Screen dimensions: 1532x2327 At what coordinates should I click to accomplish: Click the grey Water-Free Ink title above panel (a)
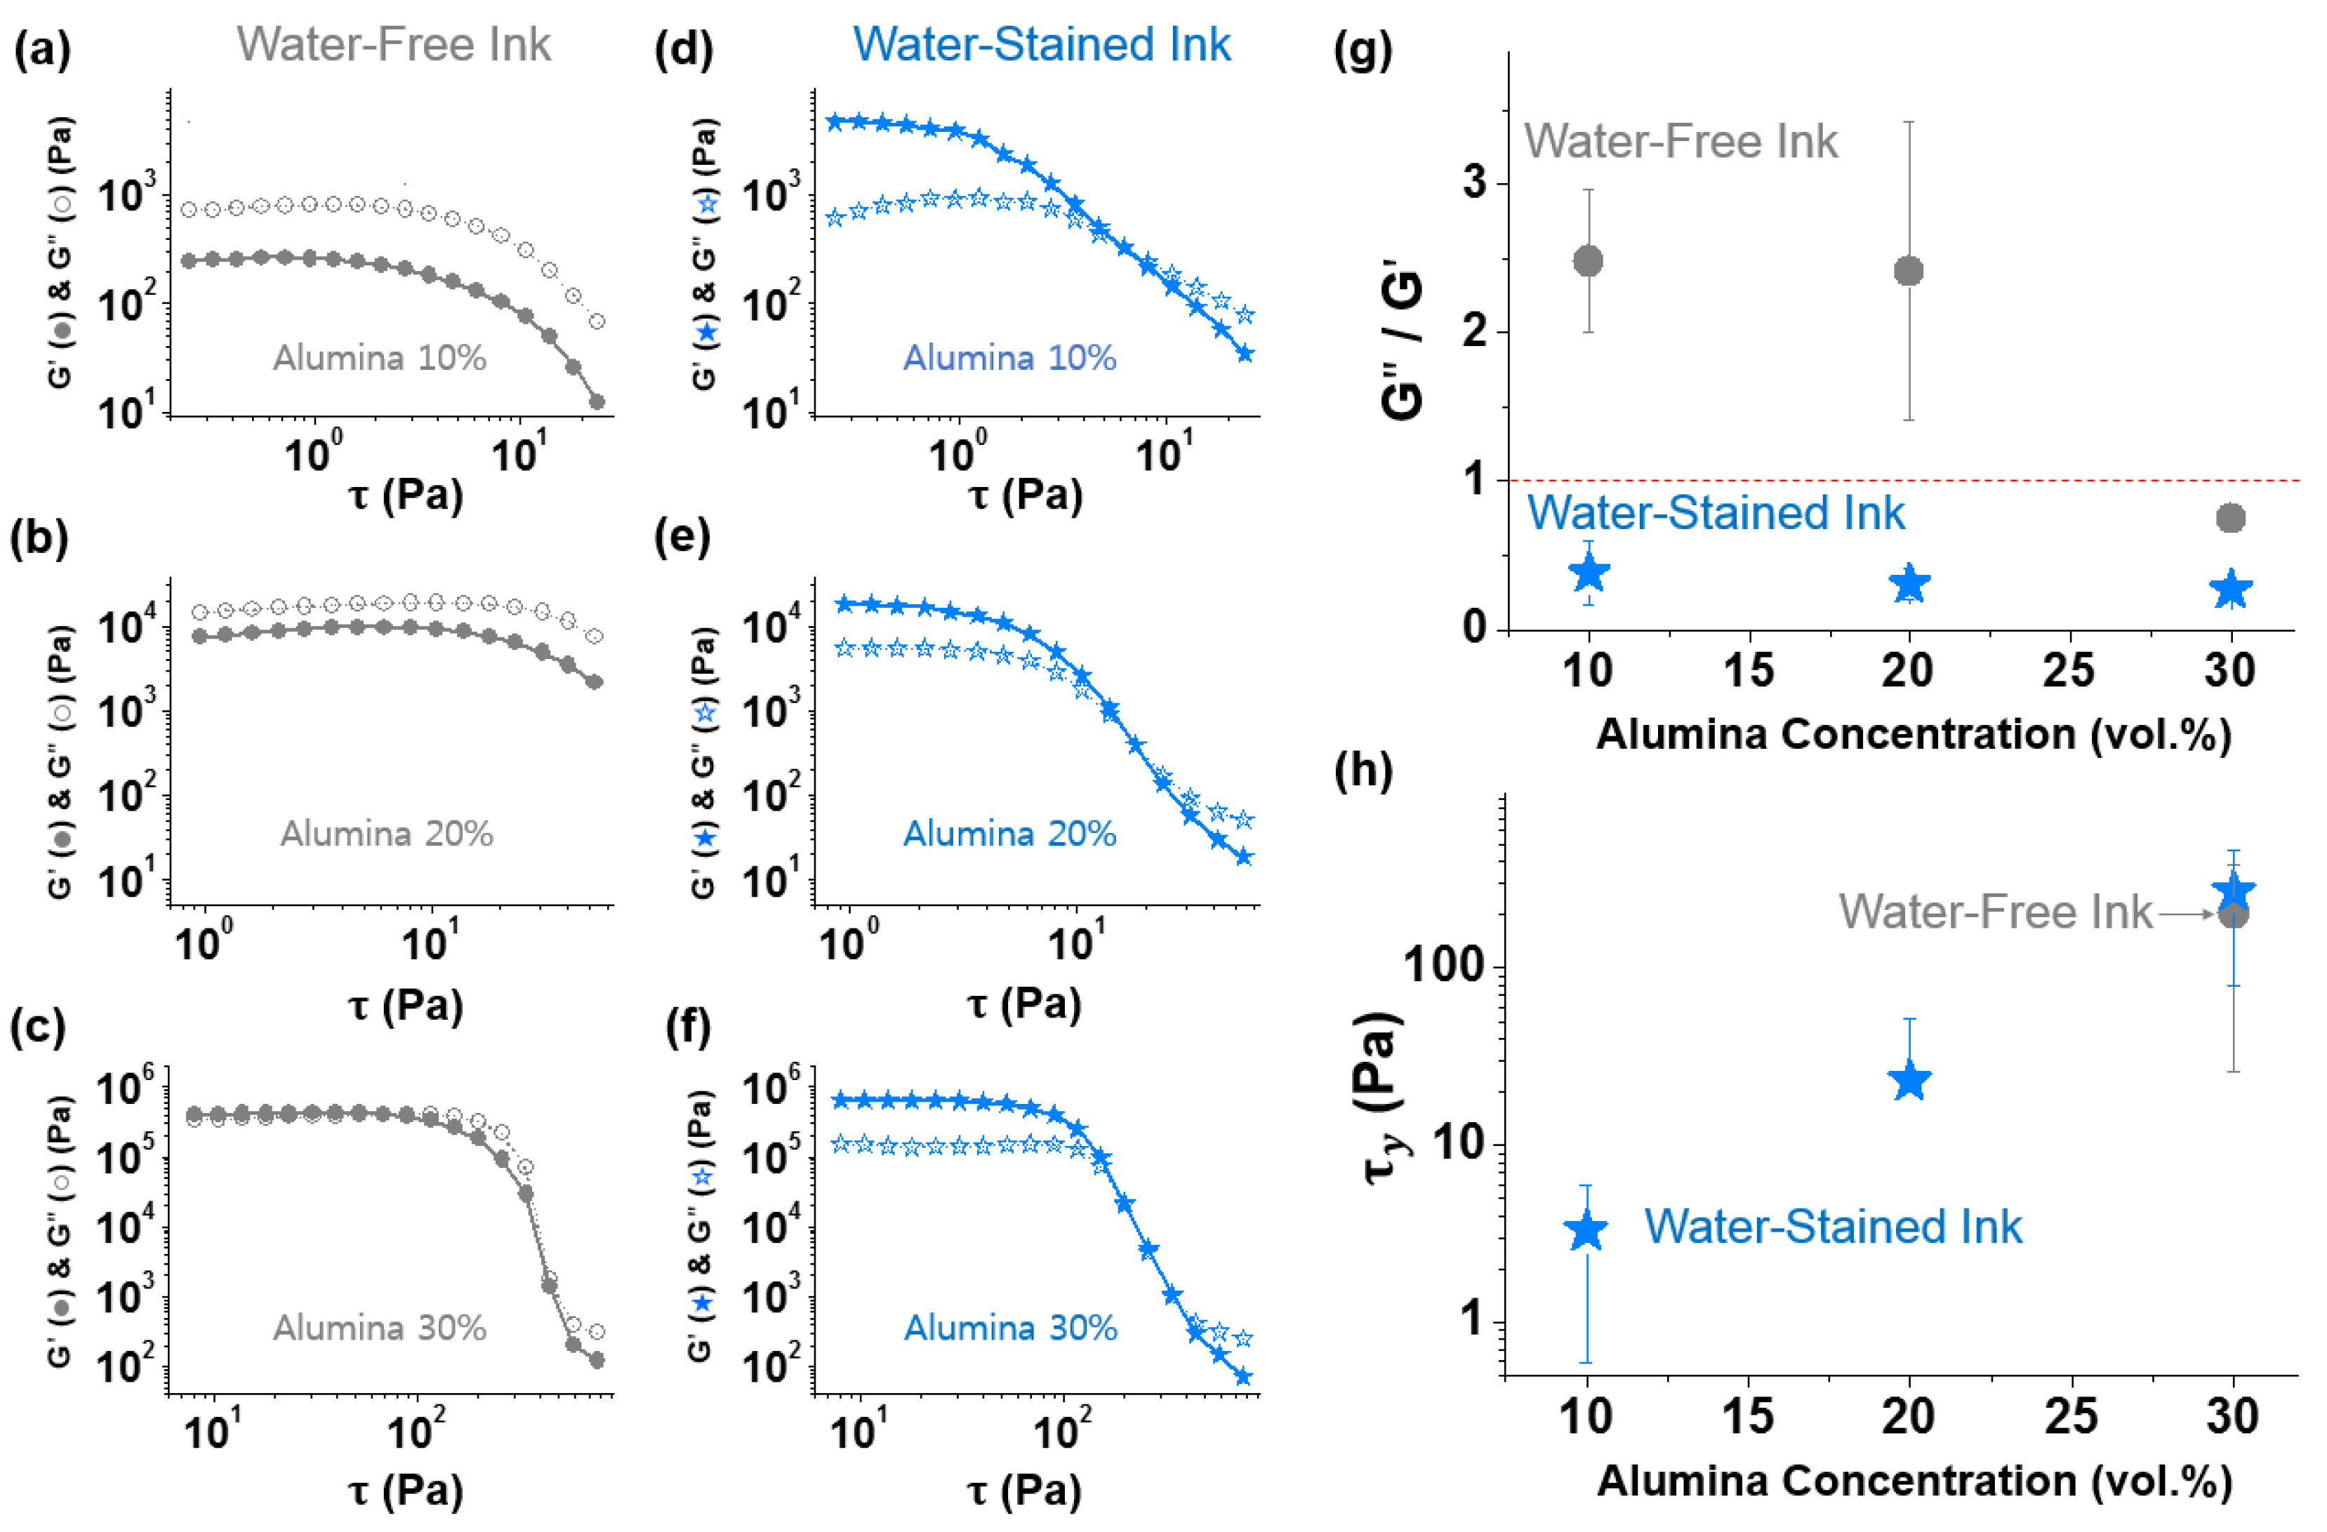point(394,45)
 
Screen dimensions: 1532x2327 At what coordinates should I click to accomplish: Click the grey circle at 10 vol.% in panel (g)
point(1588,261)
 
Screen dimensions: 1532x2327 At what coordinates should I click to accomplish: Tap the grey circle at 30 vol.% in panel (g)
point(2230,518)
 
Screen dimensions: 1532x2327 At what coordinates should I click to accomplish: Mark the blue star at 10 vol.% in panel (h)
point(1586,1230)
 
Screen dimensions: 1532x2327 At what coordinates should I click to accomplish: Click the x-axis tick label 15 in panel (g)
point(1748,671)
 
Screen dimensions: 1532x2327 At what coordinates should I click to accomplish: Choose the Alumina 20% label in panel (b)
point(387,834)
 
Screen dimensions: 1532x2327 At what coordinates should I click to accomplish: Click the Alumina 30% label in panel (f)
point(1010,1328)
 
